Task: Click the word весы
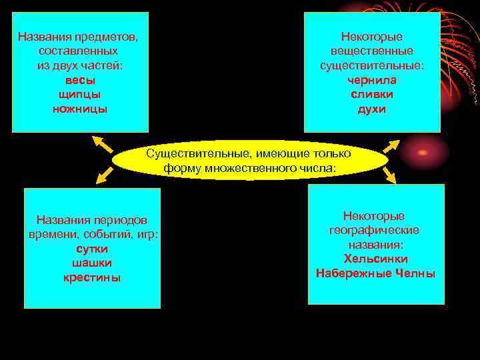pyautogui.click(x=80, y=80)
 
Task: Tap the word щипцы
pyautogui.click(x=80, y=94)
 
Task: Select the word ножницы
pyautogui.click(x=80, y=109)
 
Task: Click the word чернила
pyautogui.click(x=371, y=80)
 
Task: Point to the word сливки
pyautogui.click(x=371, y=94)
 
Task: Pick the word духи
pyautogui.click(x=371, y=109)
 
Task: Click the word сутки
pyautogui.click(x=92, y=248)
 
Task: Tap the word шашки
pyautogui.click(x=92, y=263)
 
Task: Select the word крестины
pyautogui.click(x=92, y=277)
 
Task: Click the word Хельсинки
pyautogui.click(x=376, y=259)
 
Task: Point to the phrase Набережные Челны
pyautogui.click(x=376, y=273)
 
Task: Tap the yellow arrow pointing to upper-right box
pyautogui.click(x=391, y=145)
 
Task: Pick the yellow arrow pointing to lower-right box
pyautogui.click(x=391, y=175)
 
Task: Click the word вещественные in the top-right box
pyautogui.click(x=371, y=51)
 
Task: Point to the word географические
pyautogui.click(x=374, y=230)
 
